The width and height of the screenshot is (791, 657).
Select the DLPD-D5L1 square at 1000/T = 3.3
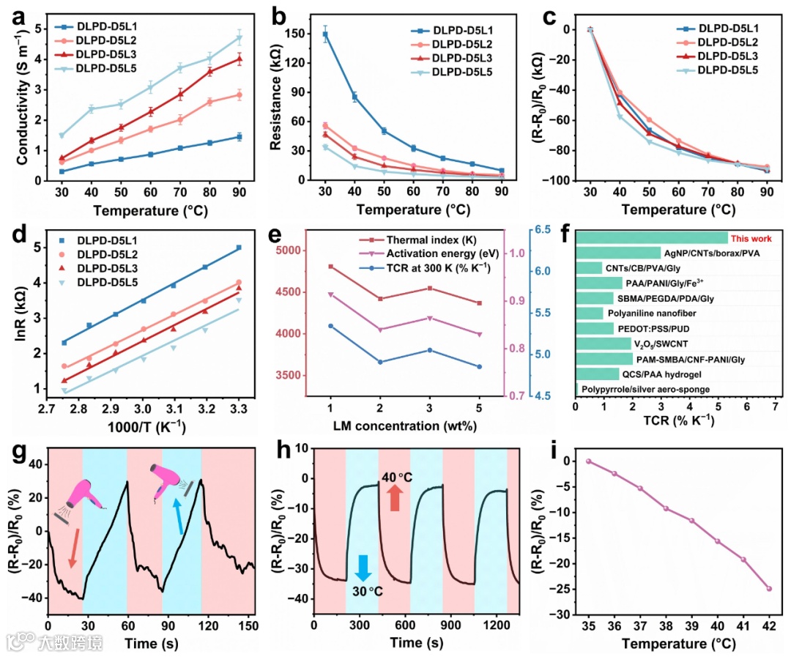(239, 248)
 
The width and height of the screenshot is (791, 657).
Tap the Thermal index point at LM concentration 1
(330, 267)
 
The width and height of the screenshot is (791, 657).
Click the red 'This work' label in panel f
(751, 238)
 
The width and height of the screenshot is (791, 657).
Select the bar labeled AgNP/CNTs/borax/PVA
(619, 253)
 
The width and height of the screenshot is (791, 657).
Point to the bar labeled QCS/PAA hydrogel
(598, 374)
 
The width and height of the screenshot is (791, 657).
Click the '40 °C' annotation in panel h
(397, 478)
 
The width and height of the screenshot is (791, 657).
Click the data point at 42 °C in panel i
(769, 588)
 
